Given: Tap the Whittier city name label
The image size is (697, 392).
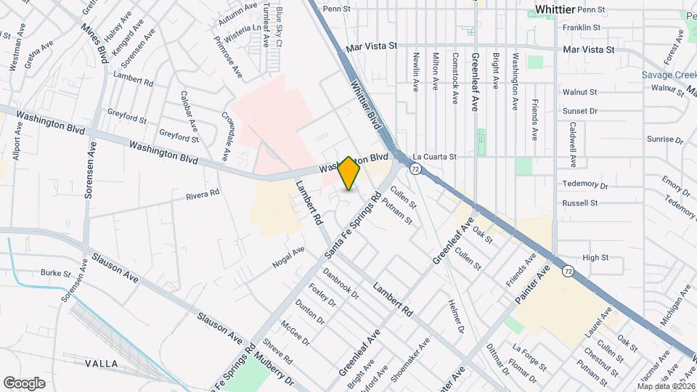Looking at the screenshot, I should tap(555, 9).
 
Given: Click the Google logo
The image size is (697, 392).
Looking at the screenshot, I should tap(24, 383).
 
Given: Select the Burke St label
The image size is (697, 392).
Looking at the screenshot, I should tap(55, 274).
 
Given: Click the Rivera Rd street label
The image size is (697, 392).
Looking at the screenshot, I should tap(203, 195).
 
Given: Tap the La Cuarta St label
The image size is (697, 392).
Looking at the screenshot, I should tap(434, 156).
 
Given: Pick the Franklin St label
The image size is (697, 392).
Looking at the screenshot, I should tap(582, 28).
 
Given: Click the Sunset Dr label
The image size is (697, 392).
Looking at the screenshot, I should tap(579, 111).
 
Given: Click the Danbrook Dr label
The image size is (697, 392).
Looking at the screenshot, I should tap(341, 284).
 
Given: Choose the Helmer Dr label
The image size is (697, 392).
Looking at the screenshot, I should tap(456, 317).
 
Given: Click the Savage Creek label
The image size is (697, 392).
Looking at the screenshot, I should tap(668, 75).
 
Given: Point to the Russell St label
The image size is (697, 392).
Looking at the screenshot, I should tap(580, 203).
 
